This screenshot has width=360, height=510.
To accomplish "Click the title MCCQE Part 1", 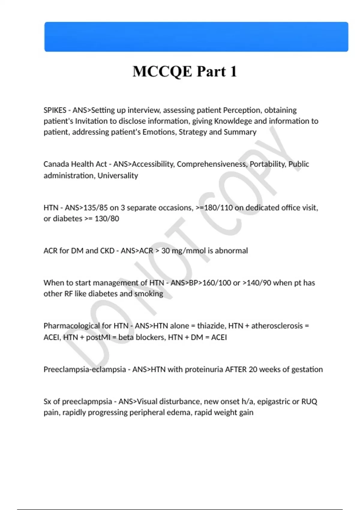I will point(184,72).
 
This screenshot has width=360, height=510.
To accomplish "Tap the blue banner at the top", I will point(196,37).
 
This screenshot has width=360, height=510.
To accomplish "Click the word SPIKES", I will point(55,110).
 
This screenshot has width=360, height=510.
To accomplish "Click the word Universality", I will point(118,175).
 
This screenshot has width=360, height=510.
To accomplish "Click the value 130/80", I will point(107,219).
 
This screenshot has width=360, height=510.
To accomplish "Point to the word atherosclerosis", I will point(277,326).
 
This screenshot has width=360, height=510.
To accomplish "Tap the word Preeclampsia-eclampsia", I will point(85,369).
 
